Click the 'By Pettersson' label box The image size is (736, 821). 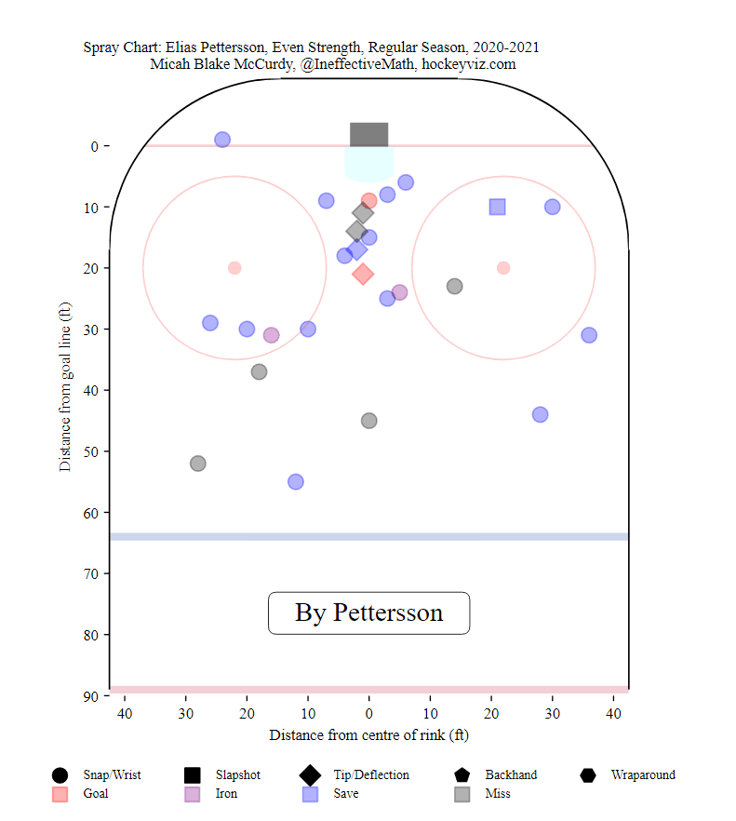point(368,612)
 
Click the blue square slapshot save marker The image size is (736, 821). point(497,207)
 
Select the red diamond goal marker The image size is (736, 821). point(363,274)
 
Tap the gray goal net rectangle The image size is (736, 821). point(368,135)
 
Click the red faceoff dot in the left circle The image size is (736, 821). point(234,268)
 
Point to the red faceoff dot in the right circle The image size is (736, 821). point(503,268)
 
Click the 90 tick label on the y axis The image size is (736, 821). point(91,696)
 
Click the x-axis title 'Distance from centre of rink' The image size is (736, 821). point(368,735)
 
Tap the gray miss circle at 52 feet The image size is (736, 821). point(197,464)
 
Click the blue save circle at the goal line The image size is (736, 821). point(222,140)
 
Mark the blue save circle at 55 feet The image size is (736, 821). point(296,481)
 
